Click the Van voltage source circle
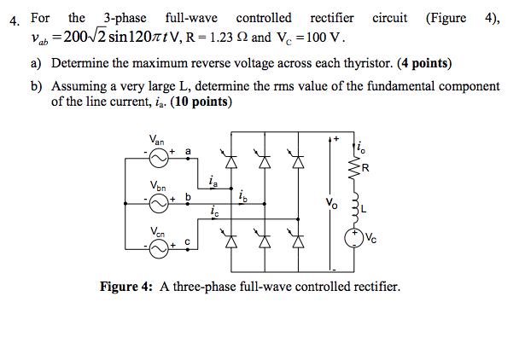tap(158, 159)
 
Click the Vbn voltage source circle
tap(158, 203)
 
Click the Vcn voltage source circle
tap(158, 248)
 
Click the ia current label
tap(212, 180)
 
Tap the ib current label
tap(243, 195)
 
